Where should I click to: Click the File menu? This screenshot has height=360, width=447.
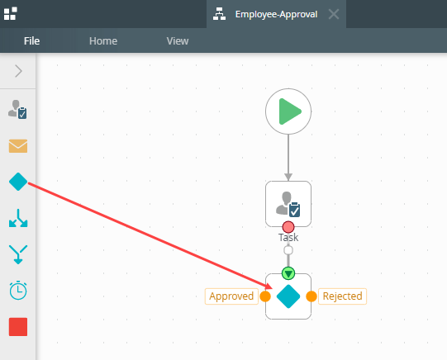(x=31, y=41)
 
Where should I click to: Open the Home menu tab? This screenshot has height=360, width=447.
(x=103, y=41)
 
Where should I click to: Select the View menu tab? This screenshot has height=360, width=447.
(x=178, y=41)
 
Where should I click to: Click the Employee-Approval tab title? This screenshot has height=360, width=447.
(x=276, y=14)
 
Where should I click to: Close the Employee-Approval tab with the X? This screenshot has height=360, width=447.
(x=334, y=14)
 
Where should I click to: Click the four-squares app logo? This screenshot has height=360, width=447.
(x=10, y=14)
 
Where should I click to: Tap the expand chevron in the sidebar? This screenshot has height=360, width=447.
(x=18, y=71)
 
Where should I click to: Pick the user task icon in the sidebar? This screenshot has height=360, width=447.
(x=17, y=109)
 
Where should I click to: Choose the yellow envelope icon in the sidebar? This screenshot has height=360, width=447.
(x=18, y=146)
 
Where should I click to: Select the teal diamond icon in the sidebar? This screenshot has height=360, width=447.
(x=18, y=182)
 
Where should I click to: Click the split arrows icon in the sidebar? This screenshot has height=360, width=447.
(x=18, y=218)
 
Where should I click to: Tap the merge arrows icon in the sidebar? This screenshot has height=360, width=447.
(x=18, y=254)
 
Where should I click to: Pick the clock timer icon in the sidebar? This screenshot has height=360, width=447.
(x=18, y=291)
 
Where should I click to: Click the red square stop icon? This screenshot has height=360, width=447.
(x=18, y=327)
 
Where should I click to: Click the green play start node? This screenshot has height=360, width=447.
(x=288, y=111)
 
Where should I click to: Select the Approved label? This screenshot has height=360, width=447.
(x=231, y=296)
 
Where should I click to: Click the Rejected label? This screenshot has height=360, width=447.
(x=342, y=296)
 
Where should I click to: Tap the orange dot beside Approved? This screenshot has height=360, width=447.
(x=265, y=296)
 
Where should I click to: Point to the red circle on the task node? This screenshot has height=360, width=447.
(x=288, y=227)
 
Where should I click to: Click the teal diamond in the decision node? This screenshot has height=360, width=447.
(x=288, y=296)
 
